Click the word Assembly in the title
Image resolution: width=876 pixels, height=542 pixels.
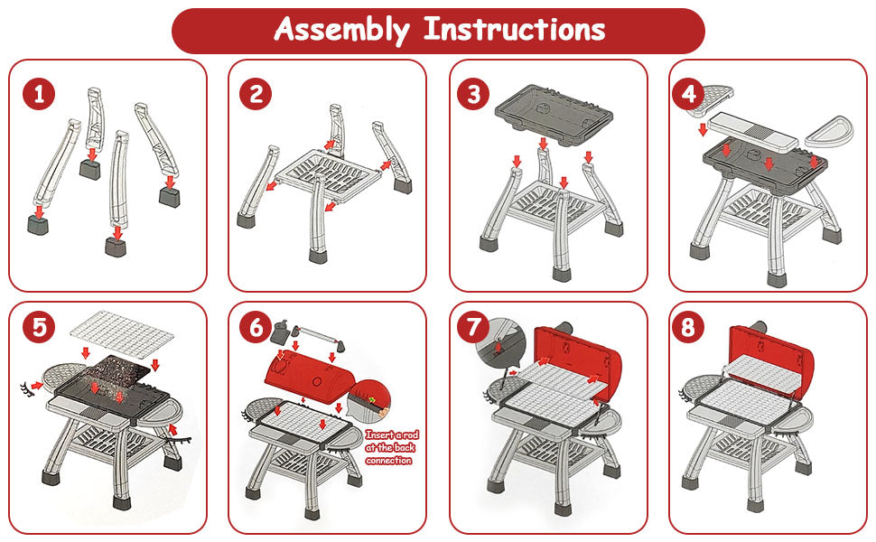(341, 30)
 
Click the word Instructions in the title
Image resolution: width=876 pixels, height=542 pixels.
(514, 29)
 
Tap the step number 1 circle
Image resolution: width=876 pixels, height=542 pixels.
(39, 94)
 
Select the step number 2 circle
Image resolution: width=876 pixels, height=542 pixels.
(256, 94)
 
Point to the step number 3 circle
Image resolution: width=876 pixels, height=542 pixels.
(473, 94)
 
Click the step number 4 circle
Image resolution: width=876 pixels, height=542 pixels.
(689, 94)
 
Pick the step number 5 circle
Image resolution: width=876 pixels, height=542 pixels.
(39, 326)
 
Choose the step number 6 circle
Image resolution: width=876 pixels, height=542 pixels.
(256, 326)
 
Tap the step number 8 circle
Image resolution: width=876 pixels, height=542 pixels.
(689, 326)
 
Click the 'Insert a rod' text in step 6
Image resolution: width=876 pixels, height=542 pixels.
(392, 435)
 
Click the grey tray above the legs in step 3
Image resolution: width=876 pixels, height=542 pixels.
(553, 114)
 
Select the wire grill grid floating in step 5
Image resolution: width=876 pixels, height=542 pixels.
(121, 333)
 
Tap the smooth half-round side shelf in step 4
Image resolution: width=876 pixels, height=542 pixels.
(828, 131)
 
